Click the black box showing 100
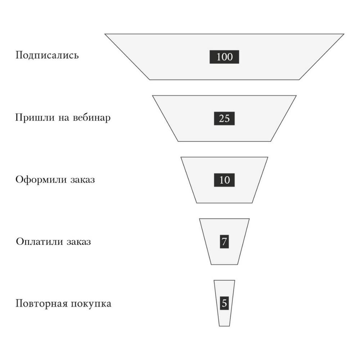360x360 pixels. pos(224,57)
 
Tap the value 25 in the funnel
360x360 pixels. pos(224,118)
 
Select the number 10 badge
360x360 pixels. pos(224,180)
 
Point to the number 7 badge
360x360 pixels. pos(224,242)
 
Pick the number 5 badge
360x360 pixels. pos(224,303)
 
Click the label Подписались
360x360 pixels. pos(47,55)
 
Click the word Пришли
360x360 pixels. pos(35,118)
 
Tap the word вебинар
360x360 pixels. pos(91,118)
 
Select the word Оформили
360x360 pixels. pos(41,180)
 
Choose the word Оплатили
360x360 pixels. pos(40,242)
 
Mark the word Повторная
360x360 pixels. pos(41,304)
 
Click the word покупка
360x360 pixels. pos(91,304)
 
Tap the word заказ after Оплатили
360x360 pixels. pos(79,242)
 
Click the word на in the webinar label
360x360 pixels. pos(64,118)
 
